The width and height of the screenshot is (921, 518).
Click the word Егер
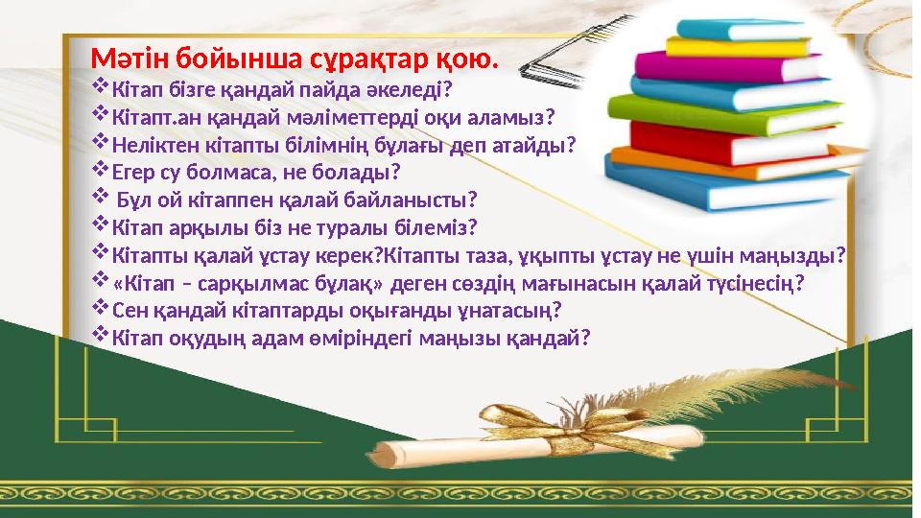[134, 174]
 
